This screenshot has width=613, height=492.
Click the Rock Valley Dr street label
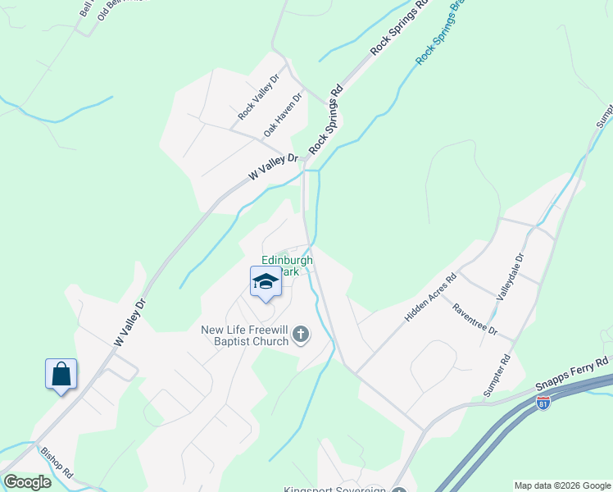coord(259,98)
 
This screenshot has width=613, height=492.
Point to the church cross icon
coord(302,334)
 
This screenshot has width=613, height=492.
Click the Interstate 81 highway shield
coord(543,402)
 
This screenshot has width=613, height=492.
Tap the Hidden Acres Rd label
coord(429,298)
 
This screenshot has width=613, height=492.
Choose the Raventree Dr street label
coord(475,318)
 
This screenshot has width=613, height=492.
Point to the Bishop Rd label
coord(57,462)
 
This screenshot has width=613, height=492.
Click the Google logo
coord(27,482)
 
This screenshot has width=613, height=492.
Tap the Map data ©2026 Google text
coord(561,485)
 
